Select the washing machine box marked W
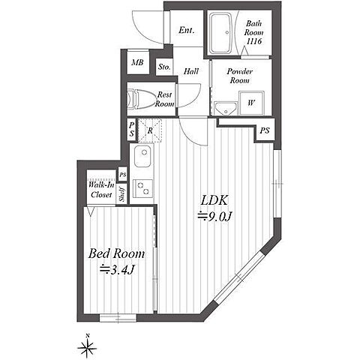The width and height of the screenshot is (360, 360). tap(251, 103)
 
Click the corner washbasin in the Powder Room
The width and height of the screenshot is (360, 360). tap(226, 109)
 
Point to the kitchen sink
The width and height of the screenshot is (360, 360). tap(142, 157)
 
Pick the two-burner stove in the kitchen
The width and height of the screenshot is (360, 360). tap(142, 187)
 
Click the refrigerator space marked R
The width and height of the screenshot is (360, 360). tap(150, 130)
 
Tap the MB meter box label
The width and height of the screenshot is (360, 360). tap(138, 62)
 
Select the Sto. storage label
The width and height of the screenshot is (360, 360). tap(164, 67)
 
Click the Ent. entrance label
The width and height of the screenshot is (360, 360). tap(187, 31)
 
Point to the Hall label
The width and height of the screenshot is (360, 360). tap(191, 71)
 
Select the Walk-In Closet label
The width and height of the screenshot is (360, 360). tap(101, 190)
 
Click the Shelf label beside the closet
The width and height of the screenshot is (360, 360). tap(122, 194)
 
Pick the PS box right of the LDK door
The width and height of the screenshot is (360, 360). tap(265, 130)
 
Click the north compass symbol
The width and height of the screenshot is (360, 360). tap(87, 346)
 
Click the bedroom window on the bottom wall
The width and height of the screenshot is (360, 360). tap(118, 318)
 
